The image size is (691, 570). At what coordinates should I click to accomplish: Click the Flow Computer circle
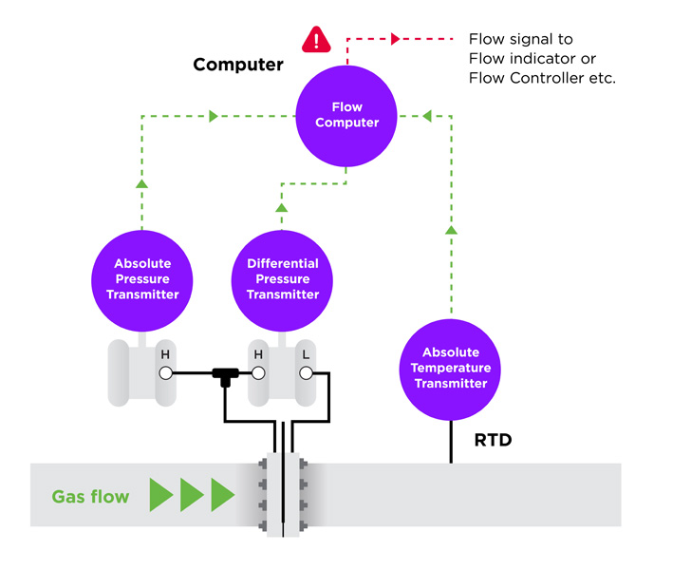tap(346, 115)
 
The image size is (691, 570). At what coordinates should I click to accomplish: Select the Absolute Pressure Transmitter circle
tap(146, 278)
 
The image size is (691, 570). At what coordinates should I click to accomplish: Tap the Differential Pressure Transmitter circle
tap(282, 278)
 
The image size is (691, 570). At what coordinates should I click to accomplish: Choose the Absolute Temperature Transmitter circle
tap(451, 368)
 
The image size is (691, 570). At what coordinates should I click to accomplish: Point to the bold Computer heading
tap(238, 66)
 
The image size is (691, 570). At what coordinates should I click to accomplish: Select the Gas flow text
tap(90, 496)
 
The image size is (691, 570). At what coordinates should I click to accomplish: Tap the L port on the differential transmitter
tap(306, 373)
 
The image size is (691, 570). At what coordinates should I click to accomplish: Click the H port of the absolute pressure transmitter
tap(165, 373)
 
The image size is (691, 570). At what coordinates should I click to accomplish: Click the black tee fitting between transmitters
tap(224, 375)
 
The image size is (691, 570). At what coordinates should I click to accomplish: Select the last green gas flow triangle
tap(222, 495)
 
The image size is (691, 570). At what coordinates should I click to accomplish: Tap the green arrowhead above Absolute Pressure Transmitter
tap(141, 184)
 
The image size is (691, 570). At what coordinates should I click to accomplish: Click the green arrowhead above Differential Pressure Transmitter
tap(282, 207)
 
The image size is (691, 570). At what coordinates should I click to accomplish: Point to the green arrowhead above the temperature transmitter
tap(451, 229)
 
